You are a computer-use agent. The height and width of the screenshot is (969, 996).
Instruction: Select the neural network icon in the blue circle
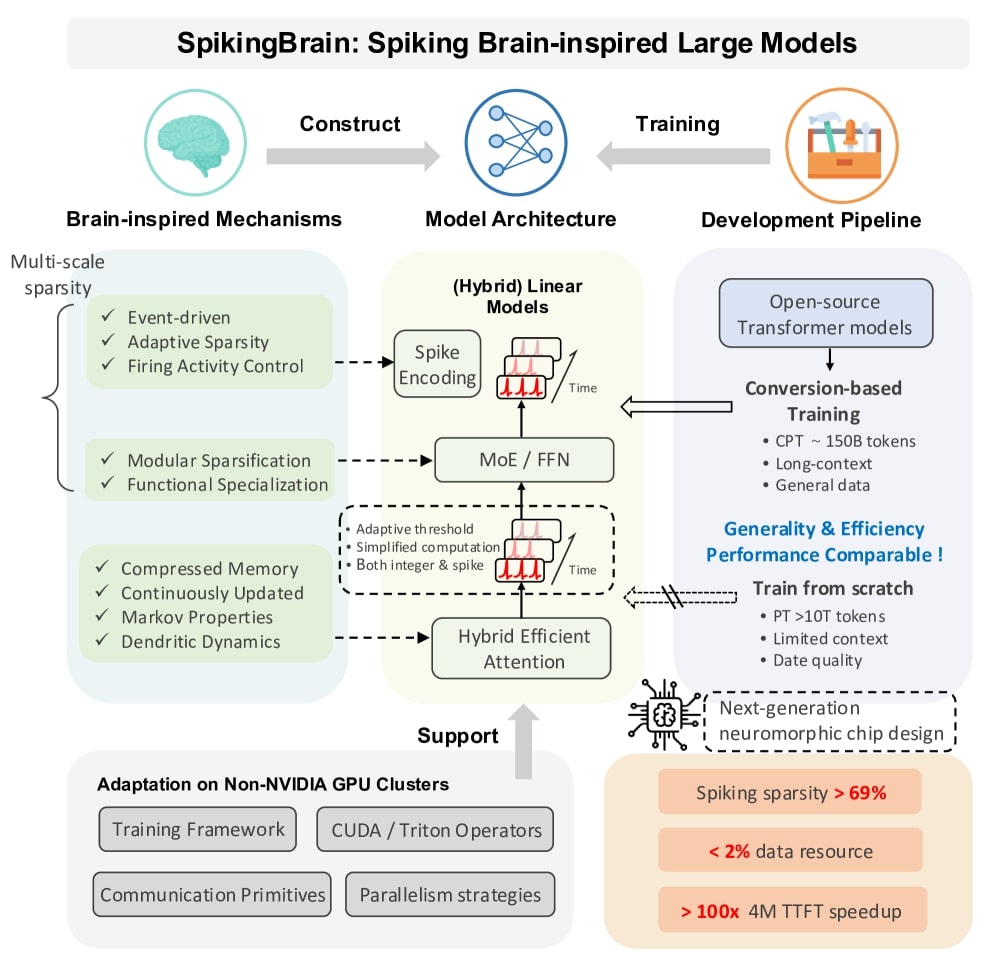tap(517, 141)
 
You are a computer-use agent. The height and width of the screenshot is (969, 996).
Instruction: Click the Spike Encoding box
tap(437, 364)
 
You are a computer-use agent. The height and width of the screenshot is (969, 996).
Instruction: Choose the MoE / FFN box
tap(524, 459)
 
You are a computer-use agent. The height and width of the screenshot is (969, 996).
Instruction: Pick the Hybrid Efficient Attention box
tap(522, 648)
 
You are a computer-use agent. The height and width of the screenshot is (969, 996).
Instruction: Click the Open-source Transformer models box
tap(826, 313)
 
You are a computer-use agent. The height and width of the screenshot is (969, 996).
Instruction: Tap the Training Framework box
tap(198, 829)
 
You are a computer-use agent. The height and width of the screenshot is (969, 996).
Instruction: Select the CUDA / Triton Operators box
tap(435, 829)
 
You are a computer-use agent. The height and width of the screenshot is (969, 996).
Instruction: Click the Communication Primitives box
tap(212, 894)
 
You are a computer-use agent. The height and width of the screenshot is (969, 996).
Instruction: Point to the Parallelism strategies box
tap(450, 894)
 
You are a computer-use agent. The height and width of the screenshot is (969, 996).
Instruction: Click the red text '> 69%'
tap(860, 793)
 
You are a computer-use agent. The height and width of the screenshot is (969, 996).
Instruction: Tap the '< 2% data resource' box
tap(790, 850)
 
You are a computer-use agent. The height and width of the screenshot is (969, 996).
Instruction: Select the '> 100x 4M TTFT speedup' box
tap(792, 910)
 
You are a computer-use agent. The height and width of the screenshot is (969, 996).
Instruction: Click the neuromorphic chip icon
tap(663, 715)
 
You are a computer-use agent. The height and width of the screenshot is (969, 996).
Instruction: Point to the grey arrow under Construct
tap(353, 156)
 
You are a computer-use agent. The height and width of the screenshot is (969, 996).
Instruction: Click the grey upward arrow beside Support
tap(523, 742)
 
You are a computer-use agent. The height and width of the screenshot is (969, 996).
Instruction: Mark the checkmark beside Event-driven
tap(108, 316)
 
